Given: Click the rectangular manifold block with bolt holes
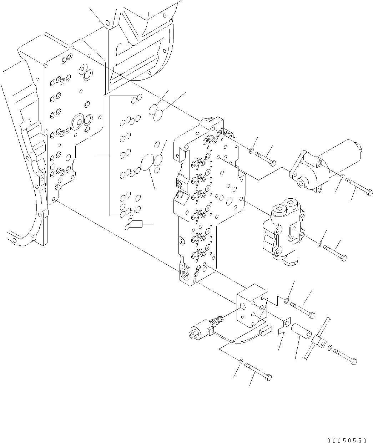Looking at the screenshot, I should tap(252, 306).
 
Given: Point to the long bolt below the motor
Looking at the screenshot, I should tap(359, 187).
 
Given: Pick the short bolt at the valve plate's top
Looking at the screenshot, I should tap(266, 159).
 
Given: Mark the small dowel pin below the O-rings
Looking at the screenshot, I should tap(135, 224).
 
